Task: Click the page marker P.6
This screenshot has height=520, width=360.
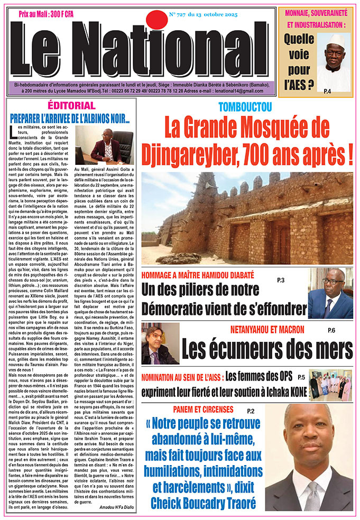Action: point(331,330)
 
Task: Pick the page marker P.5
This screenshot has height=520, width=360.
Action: point(301,377)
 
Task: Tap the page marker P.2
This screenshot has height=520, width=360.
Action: point(250,411)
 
